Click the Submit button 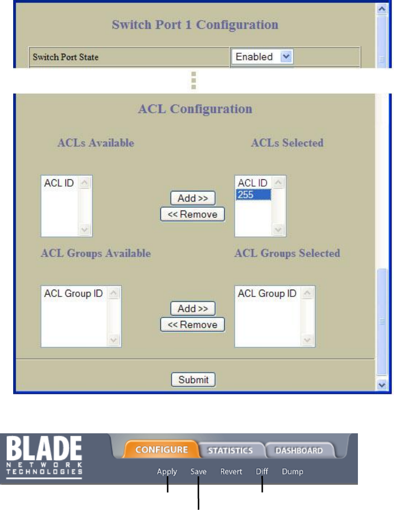tap(193, 380)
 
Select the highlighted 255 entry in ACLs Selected tap(253, 194)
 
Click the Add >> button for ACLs tap(193, 198)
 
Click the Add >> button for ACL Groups tap(193, 308)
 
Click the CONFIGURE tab tap(161, 450)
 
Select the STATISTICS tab tap(230, 450)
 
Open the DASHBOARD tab tap(299, 450)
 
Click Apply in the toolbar tap(167, 472)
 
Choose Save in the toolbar tap(198, 472)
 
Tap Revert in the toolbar tap(231, 472)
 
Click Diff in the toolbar tap(262, 472)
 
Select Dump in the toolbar tap(293, 472)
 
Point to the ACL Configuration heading tap(195, 108)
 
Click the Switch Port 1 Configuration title tap(195, 24)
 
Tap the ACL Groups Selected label tap(287, 253)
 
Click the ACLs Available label tap(96, 143)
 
